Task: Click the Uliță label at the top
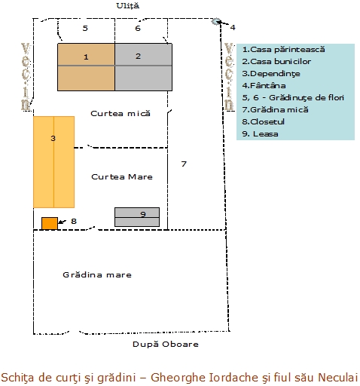click(127, 6)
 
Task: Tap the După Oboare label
click(166, 344)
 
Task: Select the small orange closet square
click(50, 223)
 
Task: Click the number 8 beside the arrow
click(74, 221)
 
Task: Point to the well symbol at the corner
click(215, 22)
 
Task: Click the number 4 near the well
click(233, 27)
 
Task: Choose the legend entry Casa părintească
click(283, 50)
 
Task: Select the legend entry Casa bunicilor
click(276, 62)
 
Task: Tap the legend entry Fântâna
click(264, 86)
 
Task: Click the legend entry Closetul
click(263, 122)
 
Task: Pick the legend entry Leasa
click(260, 134)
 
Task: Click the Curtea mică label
click(121, 114)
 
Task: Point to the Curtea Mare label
click(122, 177)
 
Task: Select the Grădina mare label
click(97, 274)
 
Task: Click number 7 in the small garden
click(184, 164)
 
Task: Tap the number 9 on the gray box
click(143, 214)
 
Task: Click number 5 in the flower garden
click(85, 28)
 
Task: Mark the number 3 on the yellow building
click(53, 138)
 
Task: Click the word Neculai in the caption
click(338, 378)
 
